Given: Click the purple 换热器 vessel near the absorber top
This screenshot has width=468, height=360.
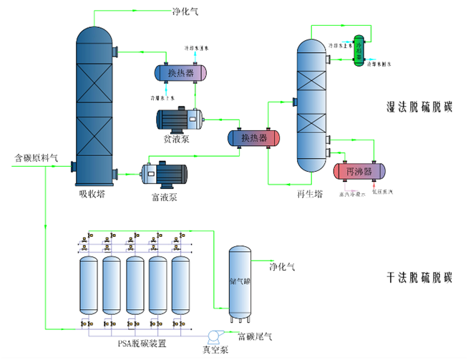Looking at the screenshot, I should point(181,73).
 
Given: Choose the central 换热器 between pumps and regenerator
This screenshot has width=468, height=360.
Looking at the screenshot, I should point(253,137).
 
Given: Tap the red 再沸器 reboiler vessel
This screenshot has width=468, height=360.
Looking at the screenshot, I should point(359,172).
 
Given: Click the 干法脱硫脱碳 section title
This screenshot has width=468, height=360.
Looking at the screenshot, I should point(419,277).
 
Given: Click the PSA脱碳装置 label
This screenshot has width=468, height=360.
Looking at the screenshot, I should point(147,343).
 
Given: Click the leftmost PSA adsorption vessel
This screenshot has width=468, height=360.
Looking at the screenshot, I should point(88,285).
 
